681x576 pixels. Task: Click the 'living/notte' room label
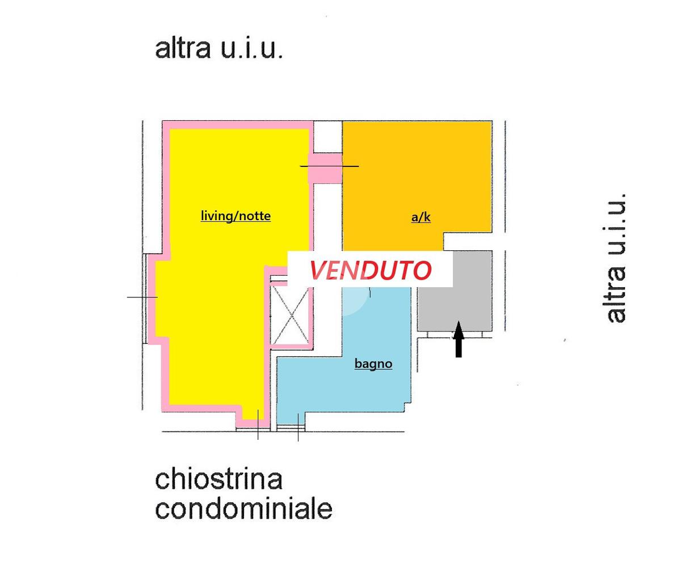click(x=236, y=216)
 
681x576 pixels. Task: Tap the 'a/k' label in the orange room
click(x=421, y=217)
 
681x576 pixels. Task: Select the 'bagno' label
click(x=373, y=364)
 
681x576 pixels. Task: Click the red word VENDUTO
click(x=370, y=271)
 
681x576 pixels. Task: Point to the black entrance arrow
click(x=459, y=339)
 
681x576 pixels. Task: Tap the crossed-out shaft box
click(x=290, y=316)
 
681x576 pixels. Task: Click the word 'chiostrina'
click(x=218, y=480)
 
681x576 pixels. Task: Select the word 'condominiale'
click(x=243, y=510)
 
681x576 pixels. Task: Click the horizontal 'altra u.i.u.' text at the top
click(x=218, y=49)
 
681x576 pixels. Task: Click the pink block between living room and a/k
click(x=325, y=169)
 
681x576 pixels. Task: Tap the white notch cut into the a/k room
click(x=468, y=242)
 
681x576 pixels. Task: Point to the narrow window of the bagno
click(x=291, y=427)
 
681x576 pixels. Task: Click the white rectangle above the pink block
click(x=327, y=137)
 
